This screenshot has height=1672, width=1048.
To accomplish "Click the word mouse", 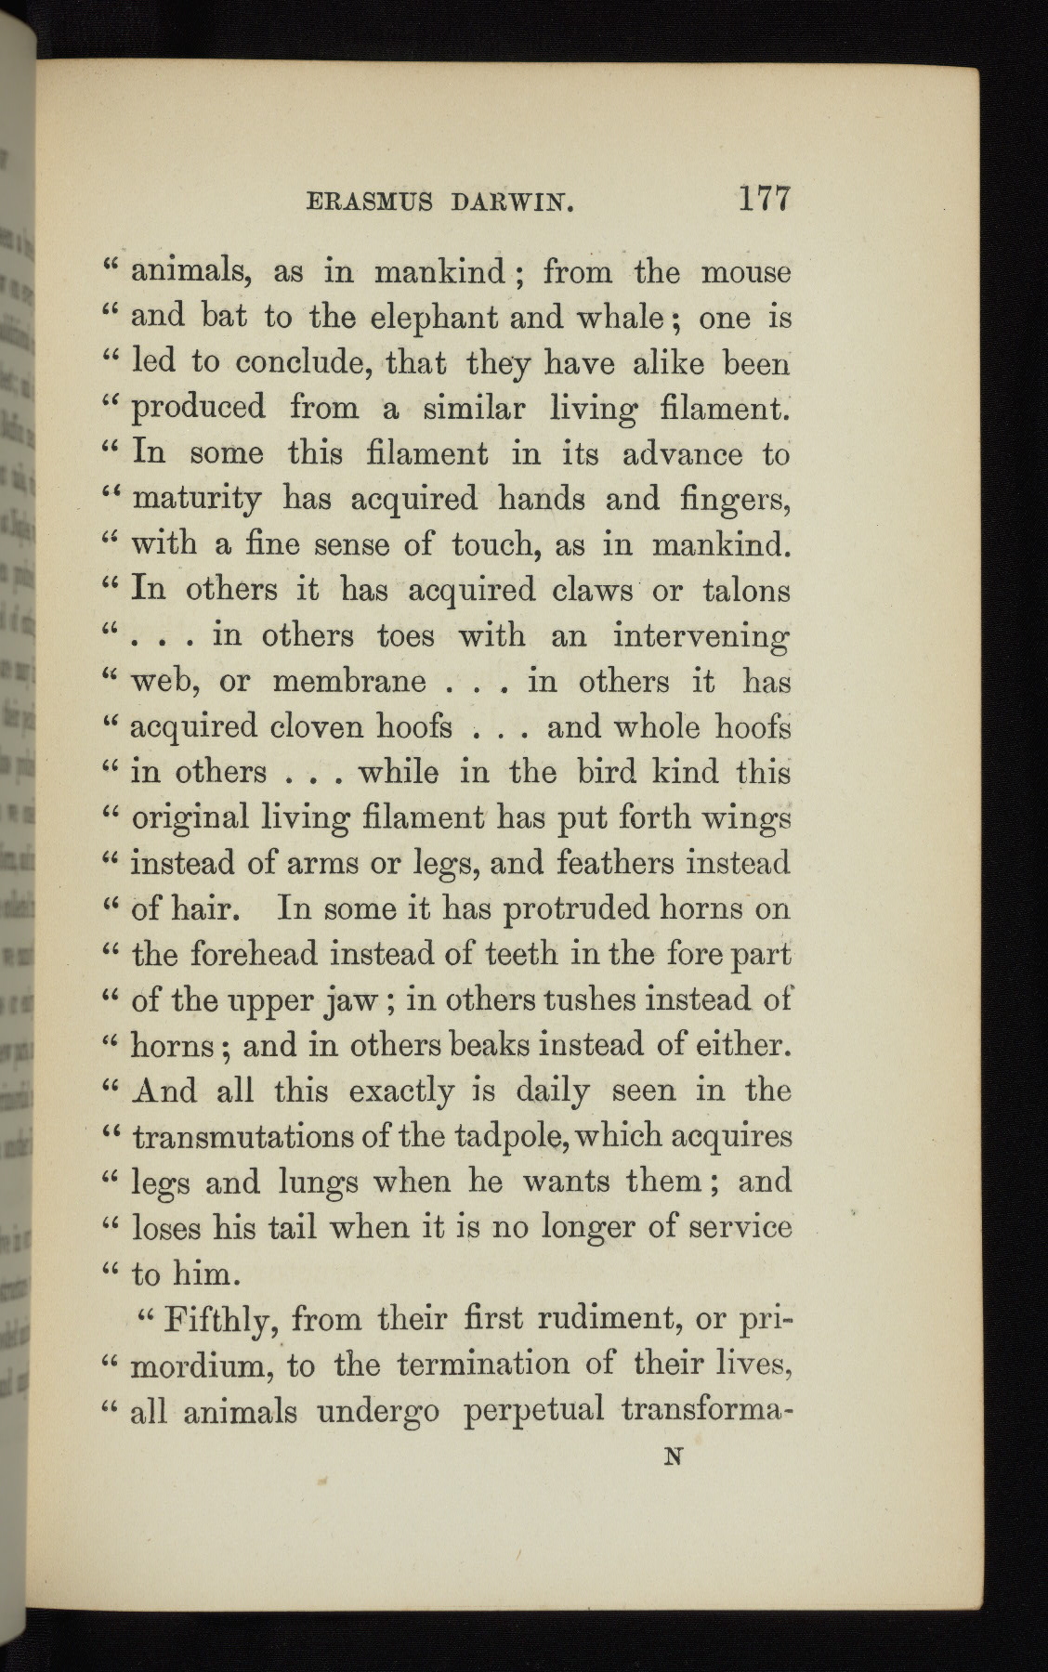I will [745, 272].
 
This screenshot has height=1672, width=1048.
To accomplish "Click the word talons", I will [746, 590].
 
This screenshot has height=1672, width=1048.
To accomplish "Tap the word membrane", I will [348, 682].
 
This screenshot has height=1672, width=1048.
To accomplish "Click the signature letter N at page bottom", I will [675, 1456].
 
